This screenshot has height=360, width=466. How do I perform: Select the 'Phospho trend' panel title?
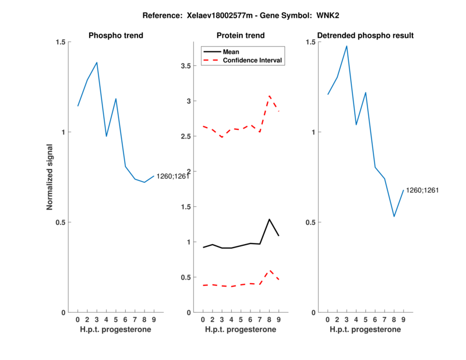(115, 36)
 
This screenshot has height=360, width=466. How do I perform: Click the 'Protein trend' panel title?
(240, 36)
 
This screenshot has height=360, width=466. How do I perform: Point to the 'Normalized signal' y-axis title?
(51, 177)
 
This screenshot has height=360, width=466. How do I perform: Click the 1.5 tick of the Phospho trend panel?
(59, 42)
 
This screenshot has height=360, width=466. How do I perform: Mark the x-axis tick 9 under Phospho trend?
(154, 320)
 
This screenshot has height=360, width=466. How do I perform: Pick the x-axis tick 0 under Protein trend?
(203, 320)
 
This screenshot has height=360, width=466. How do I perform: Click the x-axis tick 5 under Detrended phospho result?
(365, 320)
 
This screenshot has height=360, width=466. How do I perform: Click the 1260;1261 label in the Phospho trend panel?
(172, 177)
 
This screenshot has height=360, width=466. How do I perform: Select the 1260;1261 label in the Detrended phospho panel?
(422, 190)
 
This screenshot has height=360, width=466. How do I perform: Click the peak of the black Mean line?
(269, 219)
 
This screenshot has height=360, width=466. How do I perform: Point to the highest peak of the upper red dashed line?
(269, 96)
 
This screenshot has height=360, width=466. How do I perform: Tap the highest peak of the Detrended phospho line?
(347, 46)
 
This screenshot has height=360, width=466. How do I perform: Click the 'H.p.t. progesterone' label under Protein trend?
(240, 330)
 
